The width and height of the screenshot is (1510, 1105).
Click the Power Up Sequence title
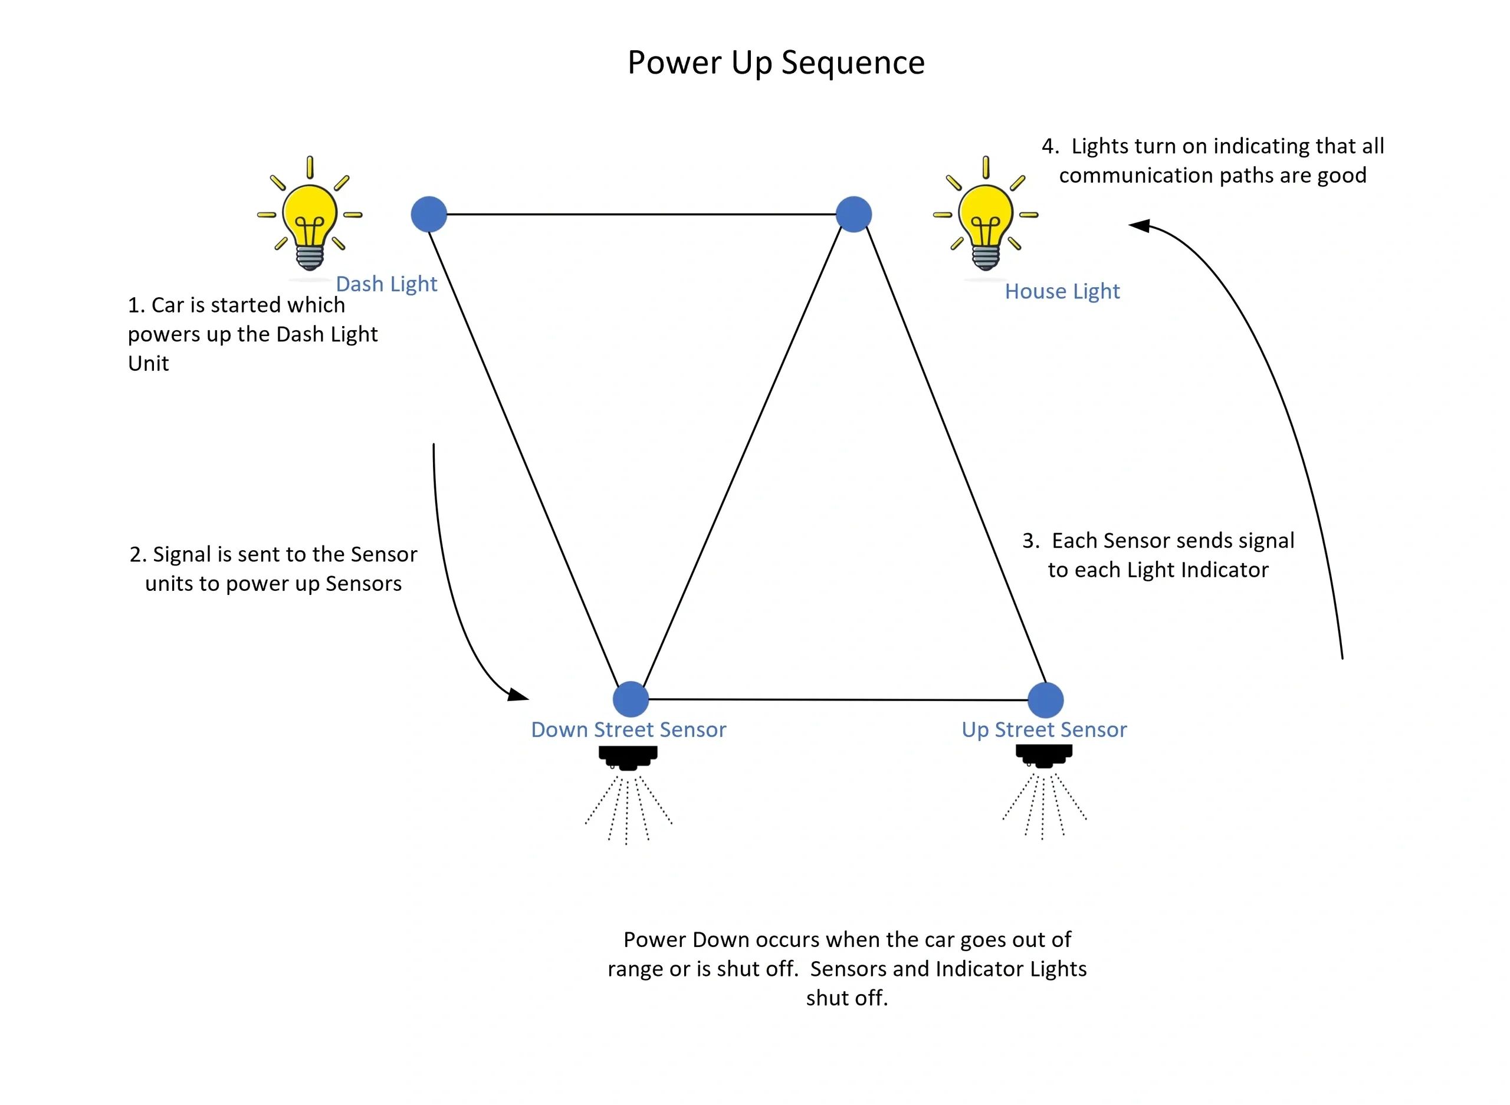pos(776,62)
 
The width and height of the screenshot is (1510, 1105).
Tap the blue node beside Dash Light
pos(429,214)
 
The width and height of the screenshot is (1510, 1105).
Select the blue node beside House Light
pos(854,214)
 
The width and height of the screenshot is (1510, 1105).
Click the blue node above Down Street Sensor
pos(631,699)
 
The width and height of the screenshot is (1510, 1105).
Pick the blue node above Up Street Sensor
pos(1045,700)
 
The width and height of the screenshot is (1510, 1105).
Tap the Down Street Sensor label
pos(628,729)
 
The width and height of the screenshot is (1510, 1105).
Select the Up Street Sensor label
pos(1043,729)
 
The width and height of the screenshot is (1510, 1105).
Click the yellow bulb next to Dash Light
pos(310,218)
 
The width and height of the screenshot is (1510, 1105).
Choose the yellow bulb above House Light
pos(986,218)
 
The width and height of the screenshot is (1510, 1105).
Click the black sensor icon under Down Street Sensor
pos(628,757)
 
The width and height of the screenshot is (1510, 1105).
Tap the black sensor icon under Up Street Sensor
pos(1043,756)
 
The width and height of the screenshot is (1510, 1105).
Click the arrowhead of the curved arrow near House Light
pos(1137,225)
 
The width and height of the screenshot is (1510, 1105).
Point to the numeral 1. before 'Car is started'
pos(136,305)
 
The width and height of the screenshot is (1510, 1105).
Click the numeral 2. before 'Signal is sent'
pos(138,554)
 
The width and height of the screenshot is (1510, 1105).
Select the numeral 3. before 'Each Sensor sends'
pos(1030,541)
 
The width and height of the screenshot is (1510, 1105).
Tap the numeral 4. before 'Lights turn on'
pos(1050,146)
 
